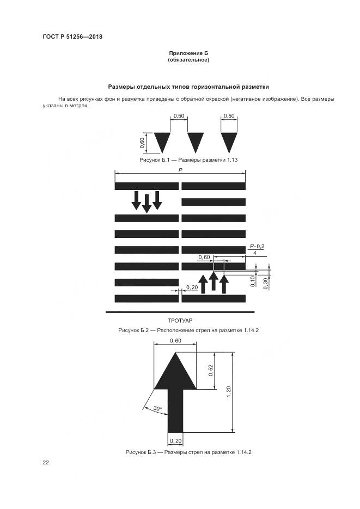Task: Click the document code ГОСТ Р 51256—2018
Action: point(72,37)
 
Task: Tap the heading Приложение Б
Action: point(188,53)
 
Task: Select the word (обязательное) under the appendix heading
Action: point(188,60)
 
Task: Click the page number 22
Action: point(46,463)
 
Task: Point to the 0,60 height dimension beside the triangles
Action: point(142,143)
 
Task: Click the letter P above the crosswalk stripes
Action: point(180,170)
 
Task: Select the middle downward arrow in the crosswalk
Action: point(146,203)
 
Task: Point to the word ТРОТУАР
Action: point(180,321)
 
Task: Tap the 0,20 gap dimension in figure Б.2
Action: point(192,287)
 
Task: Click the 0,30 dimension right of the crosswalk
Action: point(265,283)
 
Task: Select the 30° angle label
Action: point(157,408)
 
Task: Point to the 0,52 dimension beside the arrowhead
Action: point(211,371)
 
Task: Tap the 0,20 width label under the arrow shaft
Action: point(175,440)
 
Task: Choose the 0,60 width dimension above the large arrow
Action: point(175,341)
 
